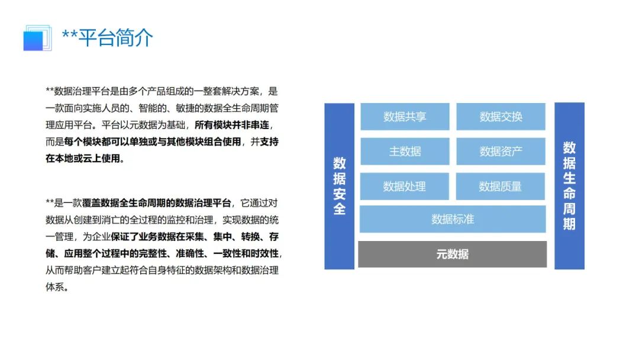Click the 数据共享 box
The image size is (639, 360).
pyautogui.click(x=405, y=117)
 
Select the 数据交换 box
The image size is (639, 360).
pyautogui.click(x=501, y=117)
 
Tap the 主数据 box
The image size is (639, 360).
pyautogui.click(x=405, y=152)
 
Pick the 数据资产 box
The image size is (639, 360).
pyautogui.click(x=501, y=152)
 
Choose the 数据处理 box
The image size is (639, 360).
pyautogui.click(x=405, y=187)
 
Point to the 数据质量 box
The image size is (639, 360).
pyautogui.click(x=501, y=187)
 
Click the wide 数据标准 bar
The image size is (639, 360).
pyautogui.click(x=453, y=219)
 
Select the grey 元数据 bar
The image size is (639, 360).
pyautogui.click(x=453, y=254)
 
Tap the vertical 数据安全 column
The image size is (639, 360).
pyautogui.click(x=340, y=186)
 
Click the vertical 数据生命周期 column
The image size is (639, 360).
pyautogui.click(x=569, y=186)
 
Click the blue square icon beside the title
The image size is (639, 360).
pyautogui.click(x=35, y=38)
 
